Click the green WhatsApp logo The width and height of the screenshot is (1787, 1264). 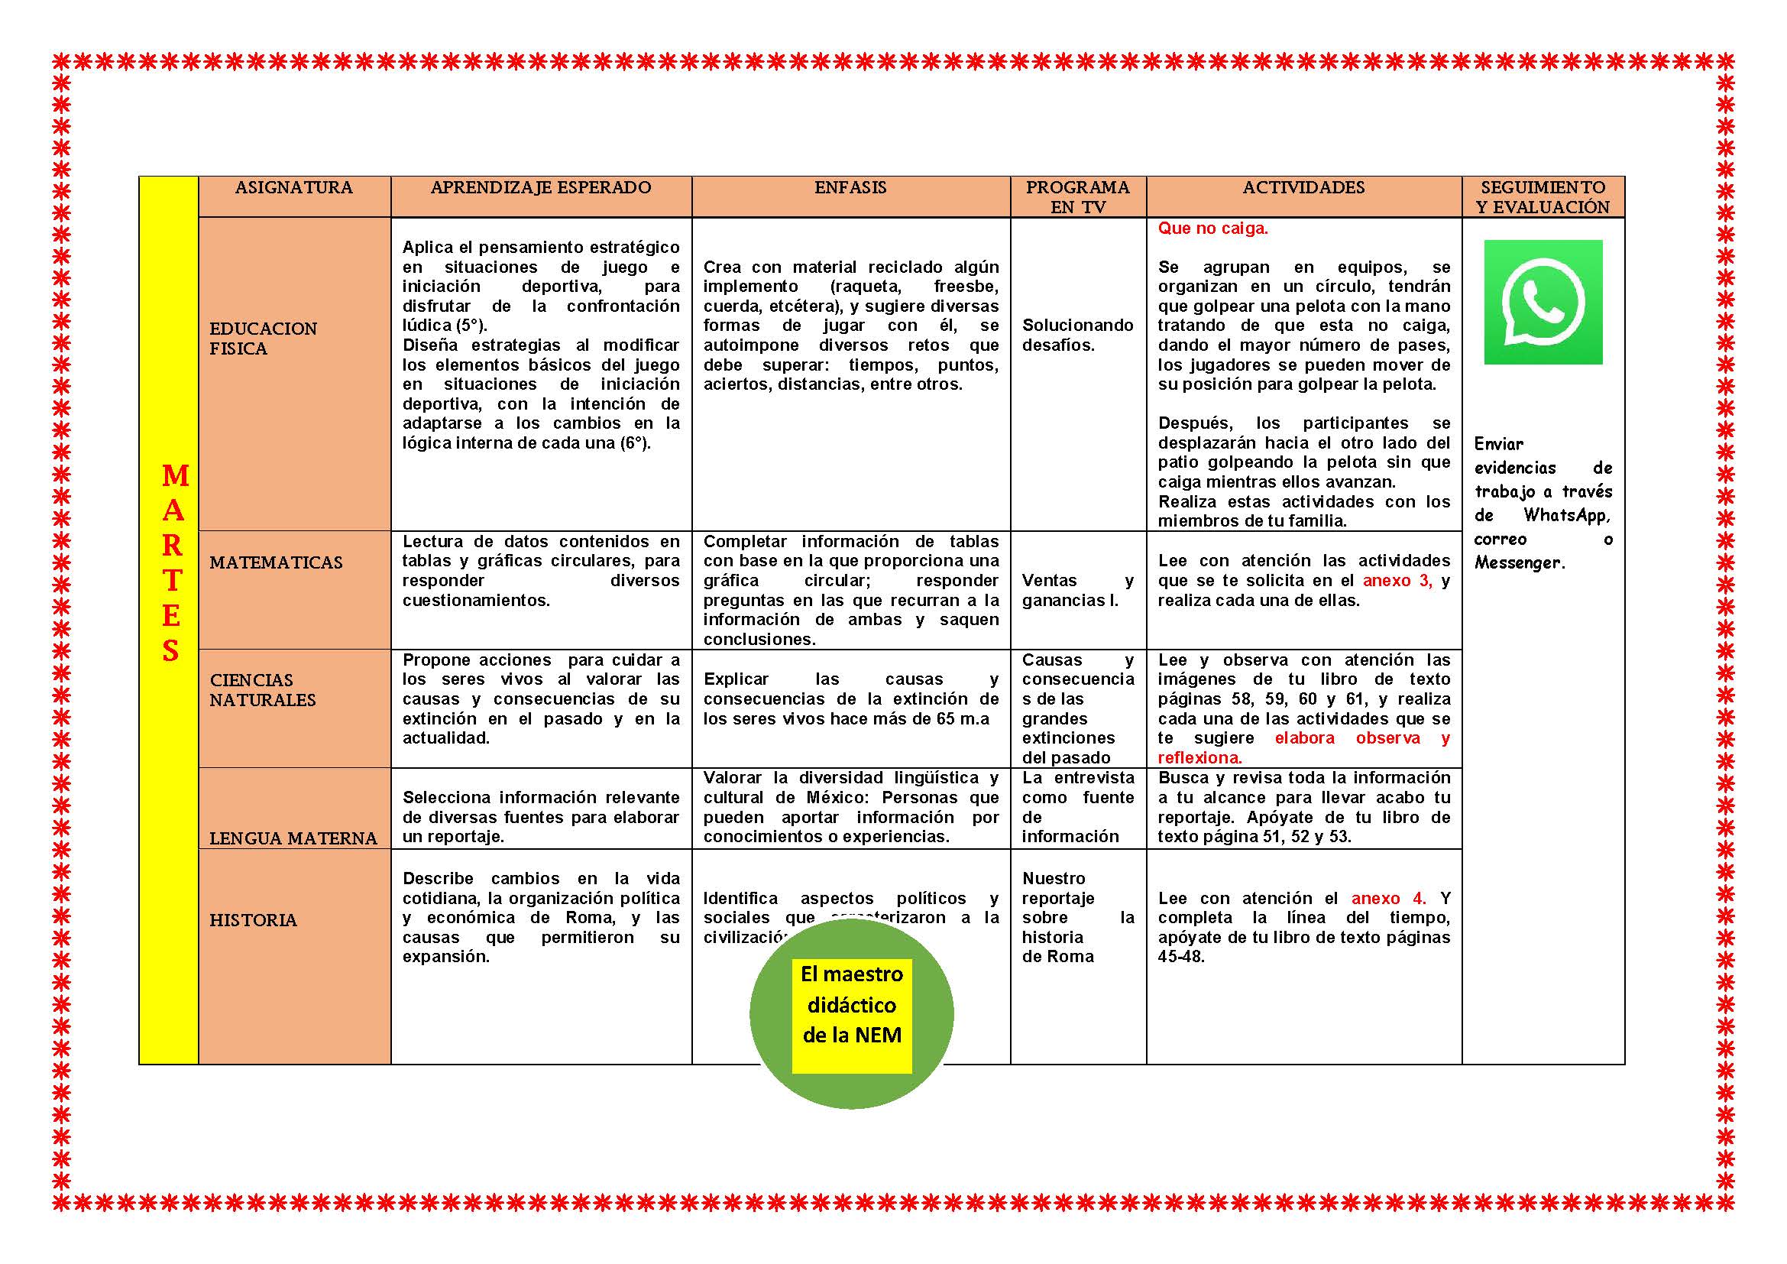pyautogui.click(x=1543, y=302)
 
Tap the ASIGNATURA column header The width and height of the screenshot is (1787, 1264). pyautogui.click(x=293, y=187)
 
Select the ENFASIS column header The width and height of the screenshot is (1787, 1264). pyautogui.click(x=850, y=187)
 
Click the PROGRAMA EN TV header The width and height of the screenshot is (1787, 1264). pyautogui.click(x=1077, y=197)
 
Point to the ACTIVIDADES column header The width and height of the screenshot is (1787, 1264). pyautogui.click(x=1303, y=187)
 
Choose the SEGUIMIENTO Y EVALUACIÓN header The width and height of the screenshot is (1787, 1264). pyautogui.click(x=1543, y=197)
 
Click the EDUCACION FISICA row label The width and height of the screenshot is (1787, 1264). pyautogui.click(x=263, y=339)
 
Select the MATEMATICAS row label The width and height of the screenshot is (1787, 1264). pyautogui.click(x=276, y=562)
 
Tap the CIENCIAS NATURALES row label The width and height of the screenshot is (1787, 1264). pyautogui.click(x=262, y=689)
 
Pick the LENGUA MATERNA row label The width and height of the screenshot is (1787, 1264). pyautogui.click(x=293, y=838)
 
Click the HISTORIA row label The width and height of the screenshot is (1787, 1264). pyautogui.click(x=253, y=920)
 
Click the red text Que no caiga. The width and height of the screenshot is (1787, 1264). pyautogui.click(x=1212, y=228)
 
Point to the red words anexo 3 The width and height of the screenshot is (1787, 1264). pyautogui.click(x=1397, y=581)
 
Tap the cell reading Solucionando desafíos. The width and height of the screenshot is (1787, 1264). pyautogui.click(x=1077, y=335)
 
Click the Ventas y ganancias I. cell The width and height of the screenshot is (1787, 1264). pyautogui.click(x=1077, y=590)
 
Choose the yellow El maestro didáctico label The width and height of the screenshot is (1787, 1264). pyautogui.click(x=851, y=1005)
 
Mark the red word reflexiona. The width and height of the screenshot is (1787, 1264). pyautogui.click(x=1199, y=758)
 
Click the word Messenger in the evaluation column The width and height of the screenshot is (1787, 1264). pyautogui.click(x=1517, y=562)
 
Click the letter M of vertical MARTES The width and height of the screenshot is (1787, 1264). pyautogui.click(x=175, y=475)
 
